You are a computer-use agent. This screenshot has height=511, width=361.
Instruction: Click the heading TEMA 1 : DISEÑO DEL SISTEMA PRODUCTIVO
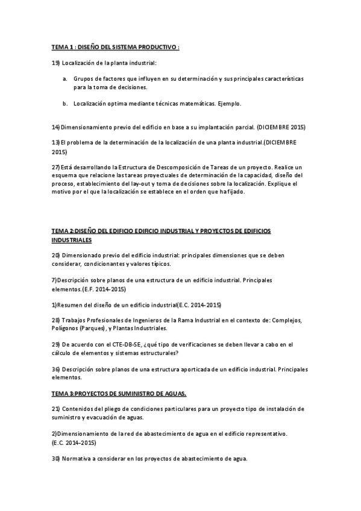(x=116, y=46)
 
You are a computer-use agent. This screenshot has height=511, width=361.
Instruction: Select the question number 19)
(x=55, y=63)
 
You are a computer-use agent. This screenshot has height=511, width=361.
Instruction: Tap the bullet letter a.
(x=64, y=79)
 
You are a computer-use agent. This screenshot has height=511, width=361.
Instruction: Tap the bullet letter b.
(x=64, y=104)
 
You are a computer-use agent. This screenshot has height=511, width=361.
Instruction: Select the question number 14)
(x=55, y=127)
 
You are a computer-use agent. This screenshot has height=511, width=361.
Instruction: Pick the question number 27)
(x=55, y=166)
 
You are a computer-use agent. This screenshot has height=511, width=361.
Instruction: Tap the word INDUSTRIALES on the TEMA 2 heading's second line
(x=72, y=240)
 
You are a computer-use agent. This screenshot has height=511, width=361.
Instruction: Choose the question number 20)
(x=55, y=255)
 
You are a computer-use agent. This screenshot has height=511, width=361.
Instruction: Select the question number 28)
(x=55, y=320)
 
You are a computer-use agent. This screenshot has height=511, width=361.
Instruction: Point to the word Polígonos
(x=66, y=328)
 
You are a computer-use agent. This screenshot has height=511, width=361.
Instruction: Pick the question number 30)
(x=55, y=458)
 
